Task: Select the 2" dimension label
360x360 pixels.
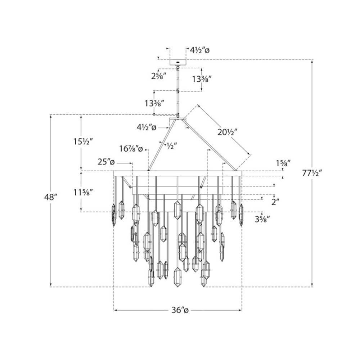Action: coord(276,202)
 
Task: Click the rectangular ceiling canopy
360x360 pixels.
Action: coord(177,62)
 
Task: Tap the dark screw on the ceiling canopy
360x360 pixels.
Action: coord(177,62)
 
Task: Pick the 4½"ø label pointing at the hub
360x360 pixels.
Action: coord(146,127)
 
